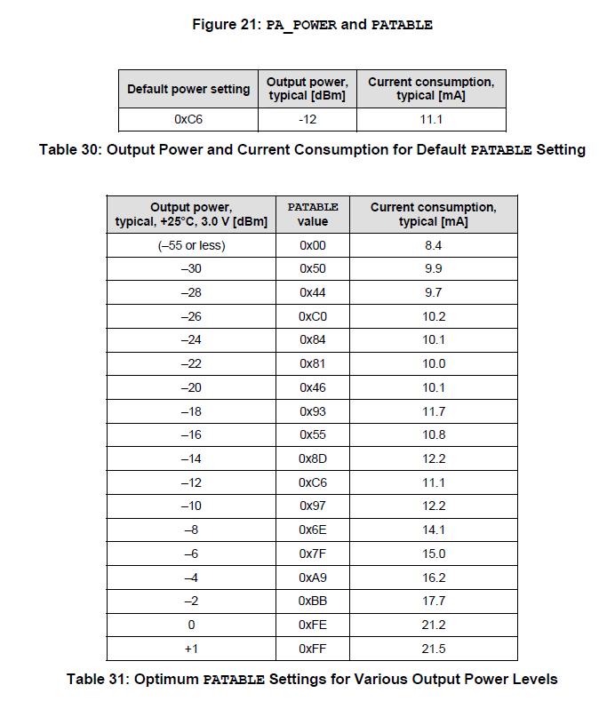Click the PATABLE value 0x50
coord(313,268)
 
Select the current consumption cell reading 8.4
coord(433,245)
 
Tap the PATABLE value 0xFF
coord(313,649)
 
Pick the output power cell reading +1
coord(191,649)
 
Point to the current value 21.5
coord(433,649)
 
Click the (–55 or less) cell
coord(191,245)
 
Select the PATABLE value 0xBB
coord(313,601)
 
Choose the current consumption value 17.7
coord(433,601)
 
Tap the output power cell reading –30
coord(191,268)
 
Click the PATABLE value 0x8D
coord(313,458)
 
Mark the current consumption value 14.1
coord(433,530)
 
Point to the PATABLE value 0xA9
coord(313,578)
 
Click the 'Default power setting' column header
coord(188,89)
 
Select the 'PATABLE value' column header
coord(313,214)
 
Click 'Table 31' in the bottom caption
coord(96,679)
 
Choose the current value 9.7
coord(433,292)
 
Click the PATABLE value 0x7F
coord(313,554)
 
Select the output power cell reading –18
coord(191,411)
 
